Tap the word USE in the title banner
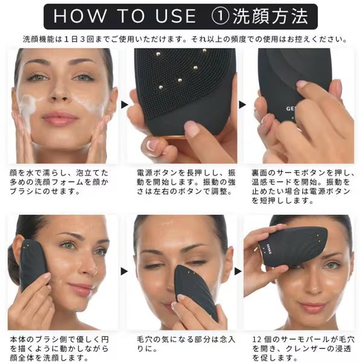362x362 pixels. (x=176, y=16)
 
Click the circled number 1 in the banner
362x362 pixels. (x=220, y=16)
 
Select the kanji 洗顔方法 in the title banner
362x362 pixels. (x=270, y=16)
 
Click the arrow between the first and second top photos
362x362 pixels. (x=124, y=105)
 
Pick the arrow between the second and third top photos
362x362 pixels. (x=243, y=105)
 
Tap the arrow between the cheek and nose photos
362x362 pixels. (x=124, y=271)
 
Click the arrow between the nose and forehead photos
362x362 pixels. (x=238, y=271)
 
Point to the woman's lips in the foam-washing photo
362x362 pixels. (x=60, y=118)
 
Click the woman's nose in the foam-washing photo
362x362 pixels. (x=60, y=92)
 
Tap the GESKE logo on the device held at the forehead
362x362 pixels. (x=270, y=250)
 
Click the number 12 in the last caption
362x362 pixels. (x=256, y=340)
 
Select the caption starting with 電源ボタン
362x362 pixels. (x=186, y=182)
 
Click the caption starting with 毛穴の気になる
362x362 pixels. (x=186, y=344)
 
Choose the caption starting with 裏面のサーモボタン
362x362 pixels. (x=303, y=187)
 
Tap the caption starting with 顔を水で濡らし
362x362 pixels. (x=59, y=182)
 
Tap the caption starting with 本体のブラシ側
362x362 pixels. (x=59, y=349)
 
